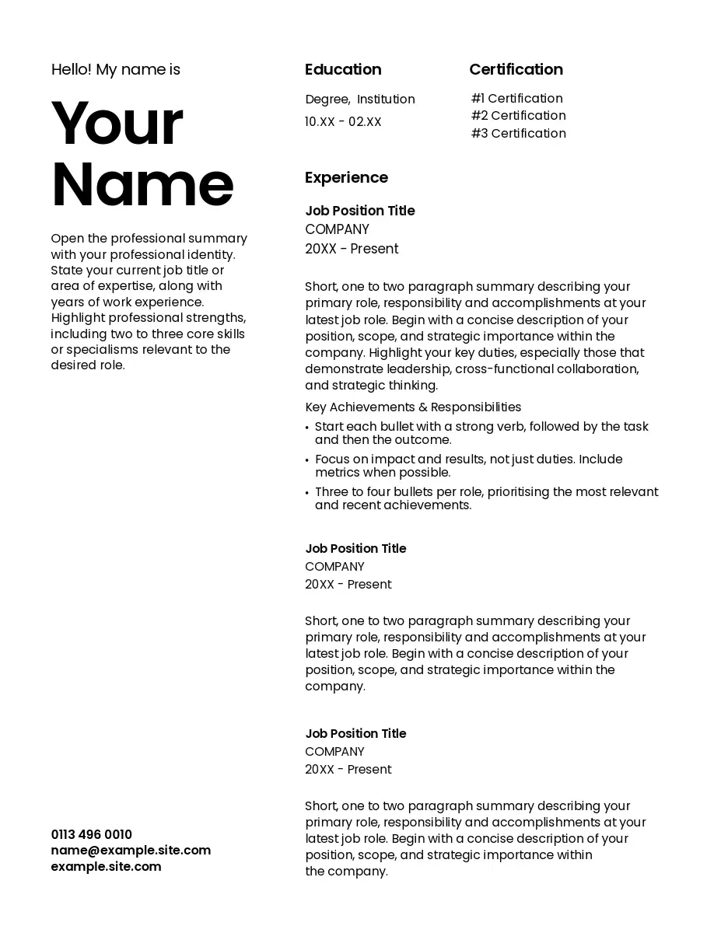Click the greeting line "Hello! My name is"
pos(115,70)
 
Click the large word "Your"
pos(117,124)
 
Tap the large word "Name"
pos(142,184)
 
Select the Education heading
pos(343,70)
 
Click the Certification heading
pos(516,70)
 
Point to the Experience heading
pos(346,178)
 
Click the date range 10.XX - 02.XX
pos(343,122)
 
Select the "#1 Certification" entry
pos(516,99)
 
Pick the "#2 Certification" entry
pos(518,116)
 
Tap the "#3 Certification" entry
pos(518,134)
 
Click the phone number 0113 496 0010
pos(92,835)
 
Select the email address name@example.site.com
pos(131,851)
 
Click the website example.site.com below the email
pos(106,867)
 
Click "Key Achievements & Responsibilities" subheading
pos(413,407)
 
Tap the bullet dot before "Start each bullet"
pos(307,428)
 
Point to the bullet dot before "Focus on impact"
pos(307,460)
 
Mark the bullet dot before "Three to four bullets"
pos(307,493)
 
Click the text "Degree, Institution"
pos(360,100)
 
